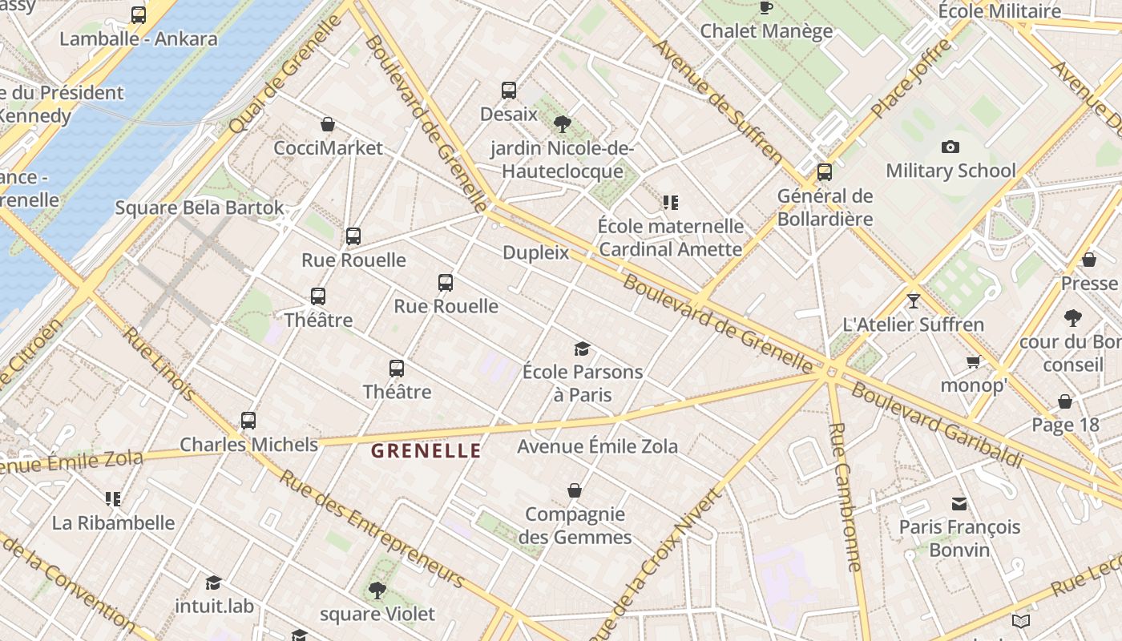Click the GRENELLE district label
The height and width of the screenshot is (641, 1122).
(426, 450)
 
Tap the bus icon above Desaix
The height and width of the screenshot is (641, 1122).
(509, 91)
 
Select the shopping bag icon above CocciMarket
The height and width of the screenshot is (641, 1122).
(328, 124)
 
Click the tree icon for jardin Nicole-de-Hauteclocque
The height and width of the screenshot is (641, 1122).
(563, 123)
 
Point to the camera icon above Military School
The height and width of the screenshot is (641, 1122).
(950, 147)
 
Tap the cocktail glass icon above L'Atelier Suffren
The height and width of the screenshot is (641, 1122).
(913, 301)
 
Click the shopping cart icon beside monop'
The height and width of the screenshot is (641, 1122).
(974, 362)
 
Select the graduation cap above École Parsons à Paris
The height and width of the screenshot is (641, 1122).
(582, 349)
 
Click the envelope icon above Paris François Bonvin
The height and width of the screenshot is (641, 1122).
(959, 504)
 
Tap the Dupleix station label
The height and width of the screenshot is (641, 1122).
(535, 253)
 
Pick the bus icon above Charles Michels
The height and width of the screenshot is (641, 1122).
(248, 421)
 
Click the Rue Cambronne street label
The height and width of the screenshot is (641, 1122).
(845, 497)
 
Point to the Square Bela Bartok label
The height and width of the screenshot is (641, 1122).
(200, 208)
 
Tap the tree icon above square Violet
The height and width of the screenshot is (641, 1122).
(377, 591)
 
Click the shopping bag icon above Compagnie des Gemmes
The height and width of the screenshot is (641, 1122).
(574, 490)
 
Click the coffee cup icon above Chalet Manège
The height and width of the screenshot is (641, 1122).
(765, 8)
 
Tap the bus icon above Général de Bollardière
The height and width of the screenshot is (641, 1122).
(824, 172)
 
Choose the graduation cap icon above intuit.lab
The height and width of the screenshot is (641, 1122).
(213, 583)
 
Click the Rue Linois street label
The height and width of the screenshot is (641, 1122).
(158, 363)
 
